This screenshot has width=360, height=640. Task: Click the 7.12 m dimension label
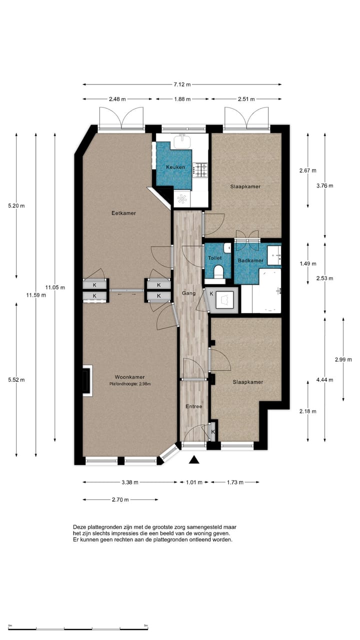(x=182, y=84)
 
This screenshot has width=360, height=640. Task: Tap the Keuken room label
(x=175, y=167)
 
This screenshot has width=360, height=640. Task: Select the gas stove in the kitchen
(x=200, y=170)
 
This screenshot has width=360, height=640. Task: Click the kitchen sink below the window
(x=182, y=141)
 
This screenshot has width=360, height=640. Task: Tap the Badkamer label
(x=250, y=260)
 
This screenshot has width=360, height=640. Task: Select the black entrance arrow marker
(x=194, y=459)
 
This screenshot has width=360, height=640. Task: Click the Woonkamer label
(x=129, y=377)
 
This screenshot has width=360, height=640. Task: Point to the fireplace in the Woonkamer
(x=87, y=381)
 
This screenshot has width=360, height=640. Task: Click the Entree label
(x=193, y=406)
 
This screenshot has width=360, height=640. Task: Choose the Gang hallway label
(x=189, y=293)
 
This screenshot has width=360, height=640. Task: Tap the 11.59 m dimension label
(x=36, y=295)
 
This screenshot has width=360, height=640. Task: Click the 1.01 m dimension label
(x=194, y=482)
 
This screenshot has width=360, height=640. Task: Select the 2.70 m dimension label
(x=120, y=499)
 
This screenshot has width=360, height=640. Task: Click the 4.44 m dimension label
(x=325, y=379)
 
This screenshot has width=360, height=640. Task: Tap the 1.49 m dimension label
(x=308, y=263)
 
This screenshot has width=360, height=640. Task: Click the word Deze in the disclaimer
(x=79, y=527)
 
